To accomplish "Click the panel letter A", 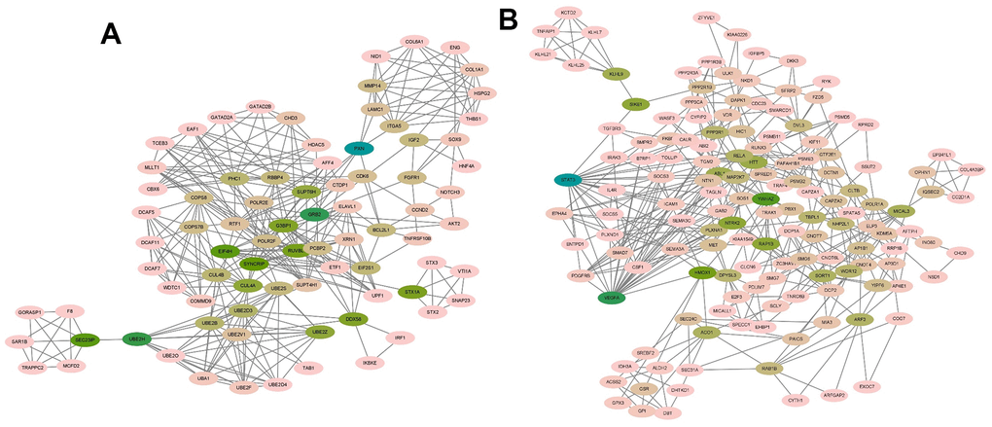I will (111, 33).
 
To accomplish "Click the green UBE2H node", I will (136, 338).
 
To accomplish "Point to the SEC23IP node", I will (86, 339).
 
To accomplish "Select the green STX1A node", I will (412, 291).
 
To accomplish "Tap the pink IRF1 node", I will (399, 338).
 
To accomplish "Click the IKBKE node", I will (369, 363).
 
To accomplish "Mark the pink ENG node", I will (454, 47).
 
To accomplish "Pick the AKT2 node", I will (454, 224).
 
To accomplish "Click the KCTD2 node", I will (570, 13).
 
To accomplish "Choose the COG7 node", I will (899, 318).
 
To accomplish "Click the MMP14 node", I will (371, 87).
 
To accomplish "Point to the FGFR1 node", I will (413, 177).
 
